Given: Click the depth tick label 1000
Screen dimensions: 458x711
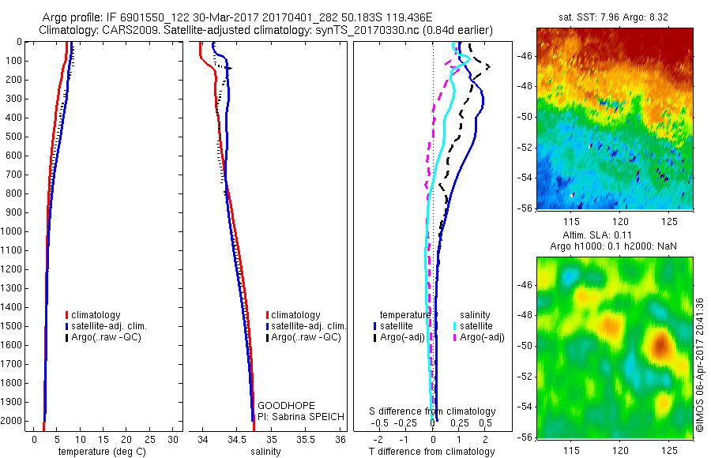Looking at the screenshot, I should pyautogui.click(x=15, y=231).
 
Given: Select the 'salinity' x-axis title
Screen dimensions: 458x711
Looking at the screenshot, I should pyautogui.click(x=266, y=451).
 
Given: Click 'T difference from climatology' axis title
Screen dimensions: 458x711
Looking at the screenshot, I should pyautogui.click(x=431, y=452).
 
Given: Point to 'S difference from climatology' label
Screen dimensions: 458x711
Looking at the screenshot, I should pyautogui.click(x=433, y=411).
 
